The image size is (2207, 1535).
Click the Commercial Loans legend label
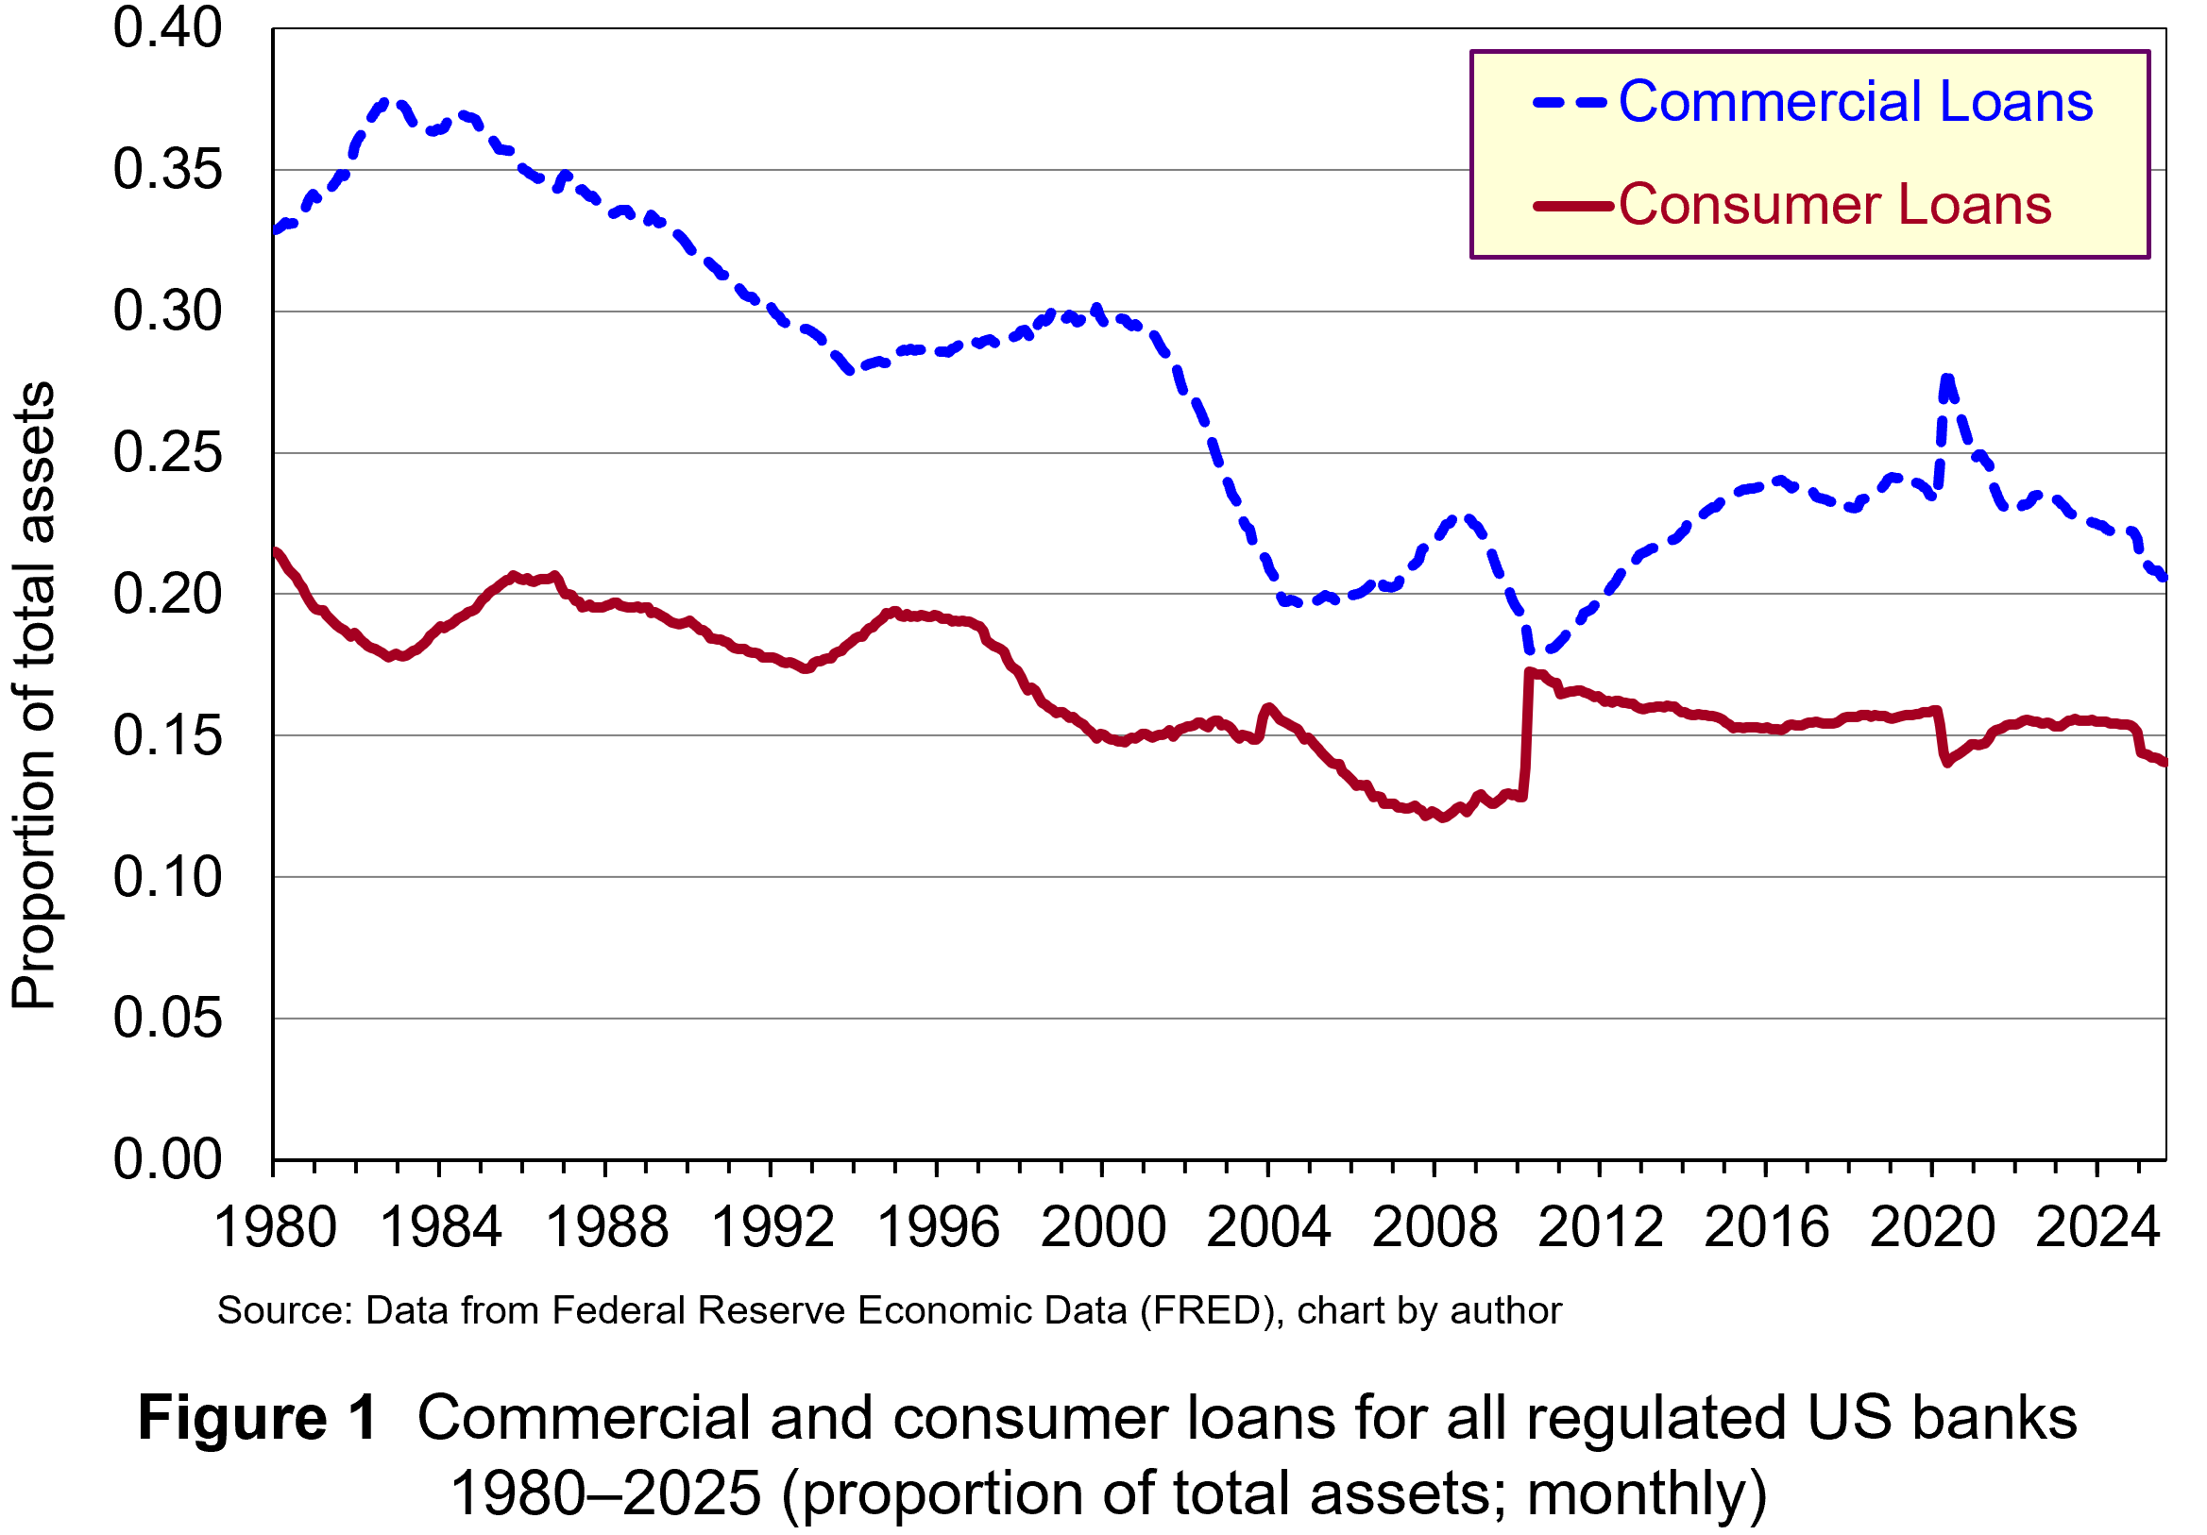point(1854,102)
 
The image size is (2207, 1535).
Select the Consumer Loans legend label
point(1834,205)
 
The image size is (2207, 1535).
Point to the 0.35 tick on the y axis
point(167,170)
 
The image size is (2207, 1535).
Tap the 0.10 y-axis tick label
point(167,878)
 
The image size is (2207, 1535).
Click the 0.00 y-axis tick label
point(167,1160)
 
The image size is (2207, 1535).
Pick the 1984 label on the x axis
point(441,1228)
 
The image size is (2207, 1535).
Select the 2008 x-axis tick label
point(1435,1228)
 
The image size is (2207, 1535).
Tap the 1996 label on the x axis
point(938,1228)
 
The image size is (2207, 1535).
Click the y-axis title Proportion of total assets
point(35,696)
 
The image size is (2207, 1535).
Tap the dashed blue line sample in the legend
point(1570,102)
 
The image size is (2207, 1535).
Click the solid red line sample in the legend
point(1571,206)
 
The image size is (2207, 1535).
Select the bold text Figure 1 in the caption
point(258,1419)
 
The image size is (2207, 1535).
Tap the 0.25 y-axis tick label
point(167,453)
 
